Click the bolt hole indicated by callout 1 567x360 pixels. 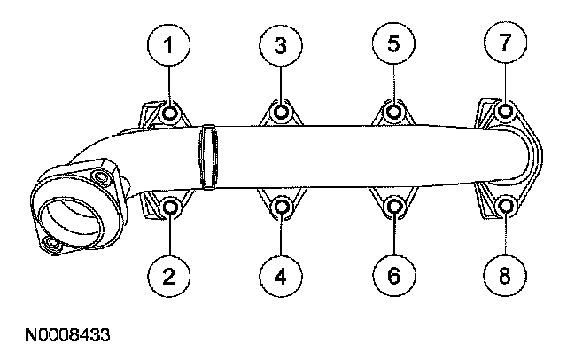pyautogui.click(x=171, y=113)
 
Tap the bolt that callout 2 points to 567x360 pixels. pyautogui.click(x=171, y=207)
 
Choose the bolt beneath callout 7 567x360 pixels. pyautogui.click(x=506, y=113)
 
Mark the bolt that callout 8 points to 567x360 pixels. pyautogui.click(x=506, y=207)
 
